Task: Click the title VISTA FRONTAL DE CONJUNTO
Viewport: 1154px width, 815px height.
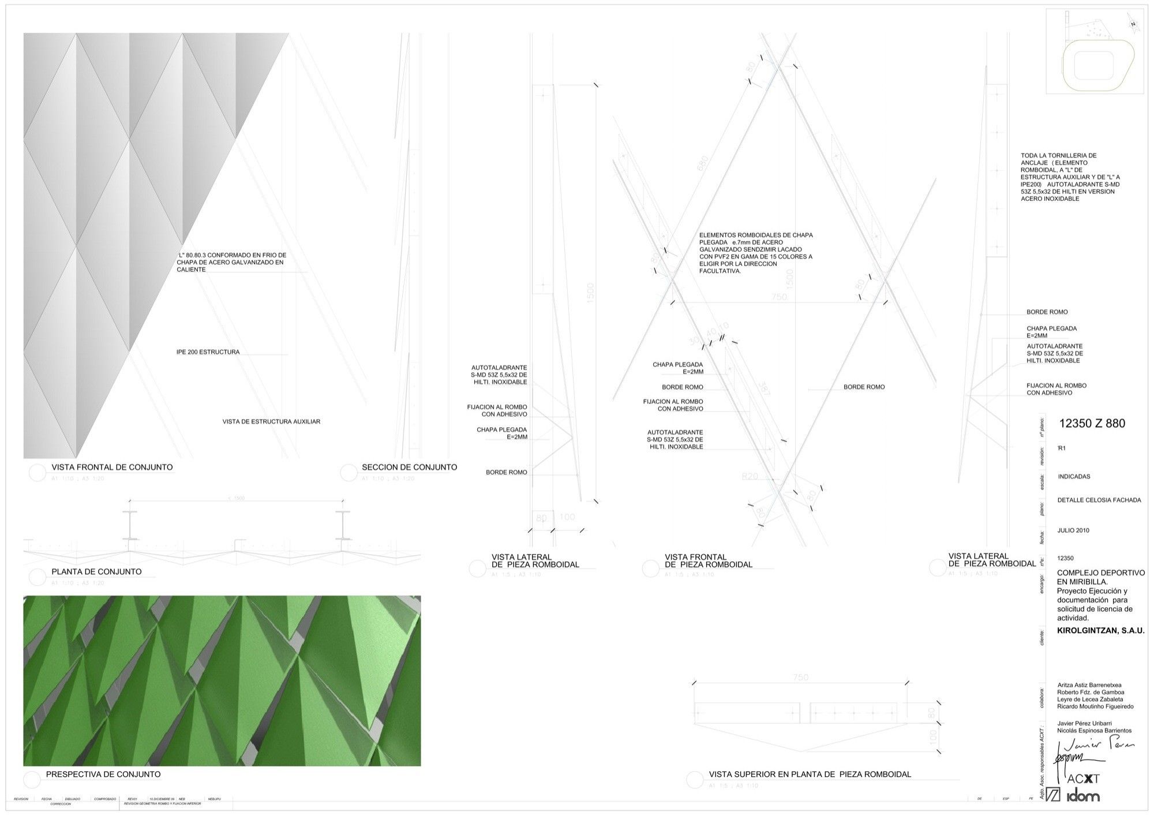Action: coord(112,468)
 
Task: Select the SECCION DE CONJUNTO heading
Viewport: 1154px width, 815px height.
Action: coord(409,468)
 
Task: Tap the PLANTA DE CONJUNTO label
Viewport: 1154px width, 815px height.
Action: coord(96,572)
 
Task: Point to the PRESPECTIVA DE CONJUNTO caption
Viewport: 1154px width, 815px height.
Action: coord(103,775)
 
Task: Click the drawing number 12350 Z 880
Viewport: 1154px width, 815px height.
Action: coord(1092,424)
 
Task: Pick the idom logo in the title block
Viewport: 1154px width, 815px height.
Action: coord(1082,797)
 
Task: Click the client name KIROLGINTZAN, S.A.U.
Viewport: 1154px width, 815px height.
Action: coord(1100,631)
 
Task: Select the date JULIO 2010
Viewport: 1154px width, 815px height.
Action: coord(1073,530)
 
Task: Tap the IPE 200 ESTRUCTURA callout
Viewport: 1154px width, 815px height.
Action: coord(208,352)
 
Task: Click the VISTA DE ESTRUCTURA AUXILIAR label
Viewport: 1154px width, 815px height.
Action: coord(271,422)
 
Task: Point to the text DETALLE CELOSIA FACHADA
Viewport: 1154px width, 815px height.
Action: coord(1099,500)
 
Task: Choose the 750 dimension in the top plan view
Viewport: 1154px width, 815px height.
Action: coord(800,678)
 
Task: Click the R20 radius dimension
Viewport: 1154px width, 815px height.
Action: coord(750,477)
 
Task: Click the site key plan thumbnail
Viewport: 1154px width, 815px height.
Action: coord(1095,51)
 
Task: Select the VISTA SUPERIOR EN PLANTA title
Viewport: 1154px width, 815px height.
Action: coord(810,775)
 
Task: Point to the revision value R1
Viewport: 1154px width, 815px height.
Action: coord(1062,448)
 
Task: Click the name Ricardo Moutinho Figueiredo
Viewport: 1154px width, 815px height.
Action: coord(1095,706)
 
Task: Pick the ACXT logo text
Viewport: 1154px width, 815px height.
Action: coord(1083,779)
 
